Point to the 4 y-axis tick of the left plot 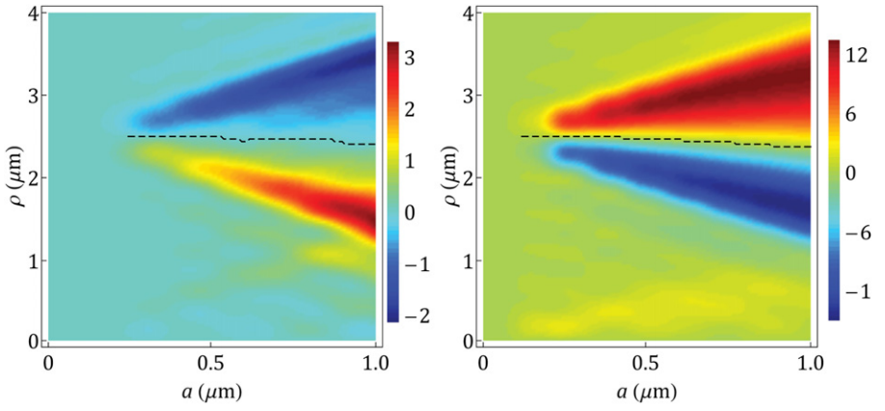click(x=33, y=14)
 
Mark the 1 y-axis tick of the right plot click(x=468, y=260)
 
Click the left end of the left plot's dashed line click(x=128, y=136)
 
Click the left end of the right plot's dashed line click(x=522, y=136)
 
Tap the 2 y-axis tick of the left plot click(x=33, y=178)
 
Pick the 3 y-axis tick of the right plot click(x=468, y=96)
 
